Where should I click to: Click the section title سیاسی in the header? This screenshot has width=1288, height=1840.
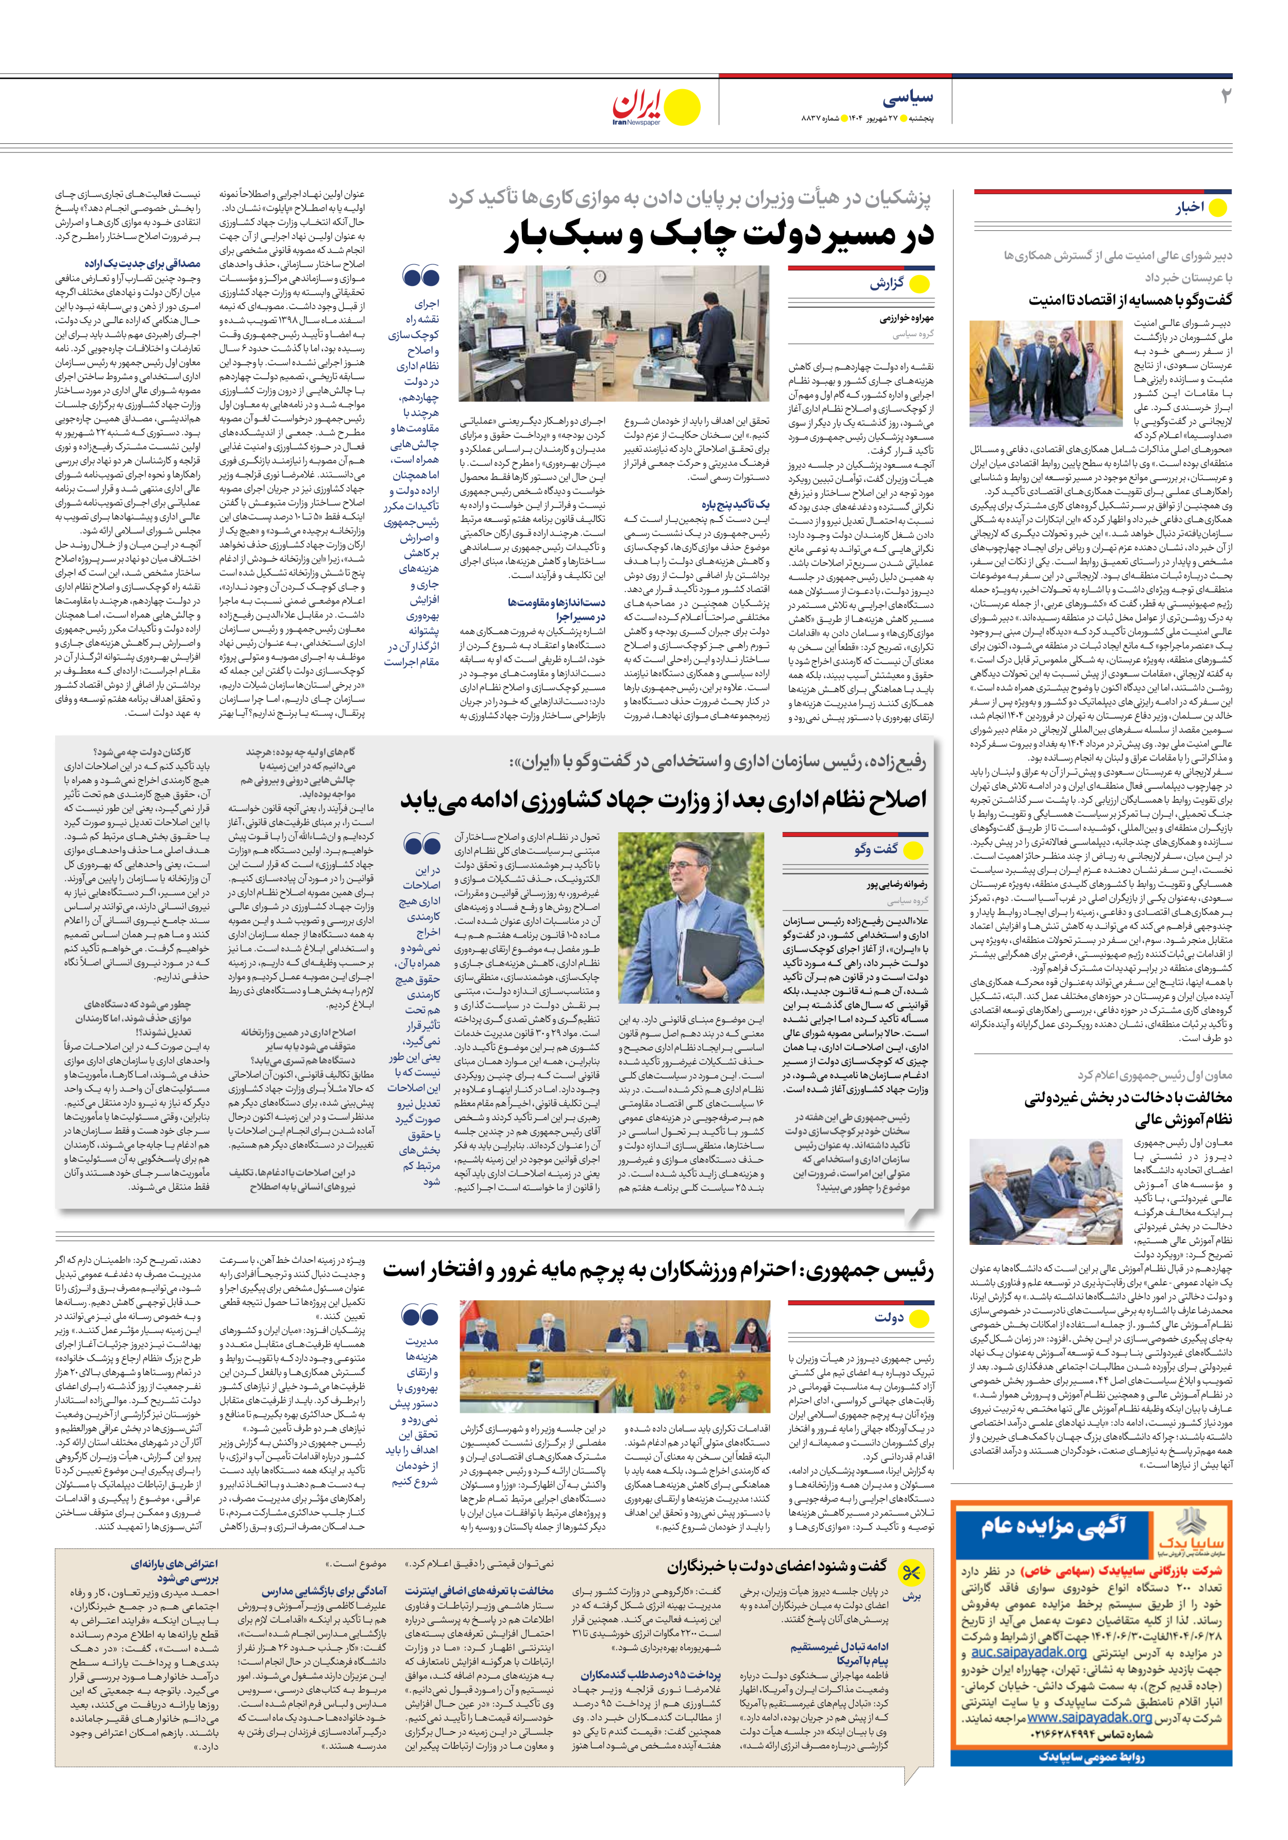(909, 98)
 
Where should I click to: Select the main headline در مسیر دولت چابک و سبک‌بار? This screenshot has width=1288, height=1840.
(719, 235)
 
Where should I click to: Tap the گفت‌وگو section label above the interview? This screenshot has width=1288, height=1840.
(876, 849)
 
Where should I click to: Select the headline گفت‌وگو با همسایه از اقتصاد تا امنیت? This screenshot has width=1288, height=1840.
(1130, 300)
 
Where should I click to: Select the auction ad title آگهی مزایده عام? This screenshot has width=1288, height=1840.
(1054, 1526)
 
